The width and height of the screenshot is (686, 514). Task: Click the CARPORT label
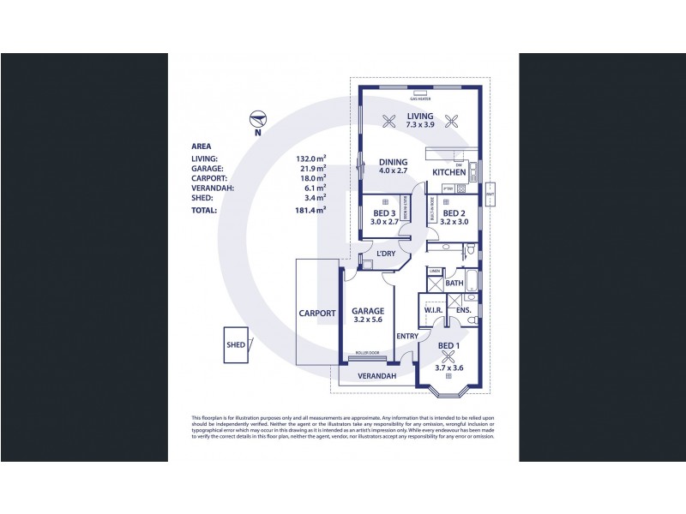coord(317,314)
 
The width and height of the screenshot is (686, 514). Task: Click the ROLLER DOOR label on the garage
coord(369,352)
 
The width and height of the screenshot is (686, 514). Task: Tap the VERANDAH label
coord(376,376)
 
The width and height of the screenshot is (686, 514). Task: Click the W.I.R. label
coord(434,310)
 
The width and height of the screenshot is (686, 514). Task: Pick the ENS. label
coord(464,310)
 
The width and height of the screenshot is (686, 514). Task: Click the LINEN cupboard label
coord(435,272)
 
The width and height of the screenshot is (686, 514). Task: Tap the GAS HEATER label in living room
coord(420,99)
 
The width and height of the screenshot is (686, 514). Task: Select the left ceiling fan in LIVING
coord(389,121)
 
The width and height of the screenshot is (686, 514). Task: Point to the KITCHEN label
coord(449,172)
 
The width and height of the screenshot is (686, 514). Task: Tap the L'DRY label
coord(386,254)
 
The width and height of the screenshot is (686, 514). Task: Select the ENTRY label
coord(407,336)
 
